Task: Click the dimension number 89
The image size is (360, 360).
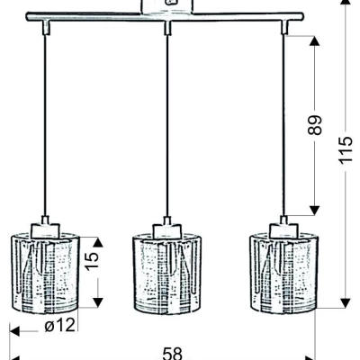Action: [315, 124]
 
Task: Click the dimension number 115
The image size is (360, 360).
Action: [346, 150]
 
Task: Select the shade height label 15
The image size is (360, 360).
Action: [92, 261]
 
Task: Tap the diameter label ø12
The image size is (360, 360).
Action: [59, 325]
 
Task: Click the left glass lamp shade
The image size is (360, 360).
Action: [45, 273]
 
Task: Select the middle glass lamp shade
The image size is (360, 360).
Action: [166, 273]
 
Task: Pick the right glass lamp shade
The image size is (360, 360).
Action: [284, 273]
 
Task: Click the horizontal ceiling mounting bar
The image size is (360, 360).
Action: [165, 17]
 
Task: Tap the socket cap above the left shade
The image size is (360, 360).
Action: [45, 230]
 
